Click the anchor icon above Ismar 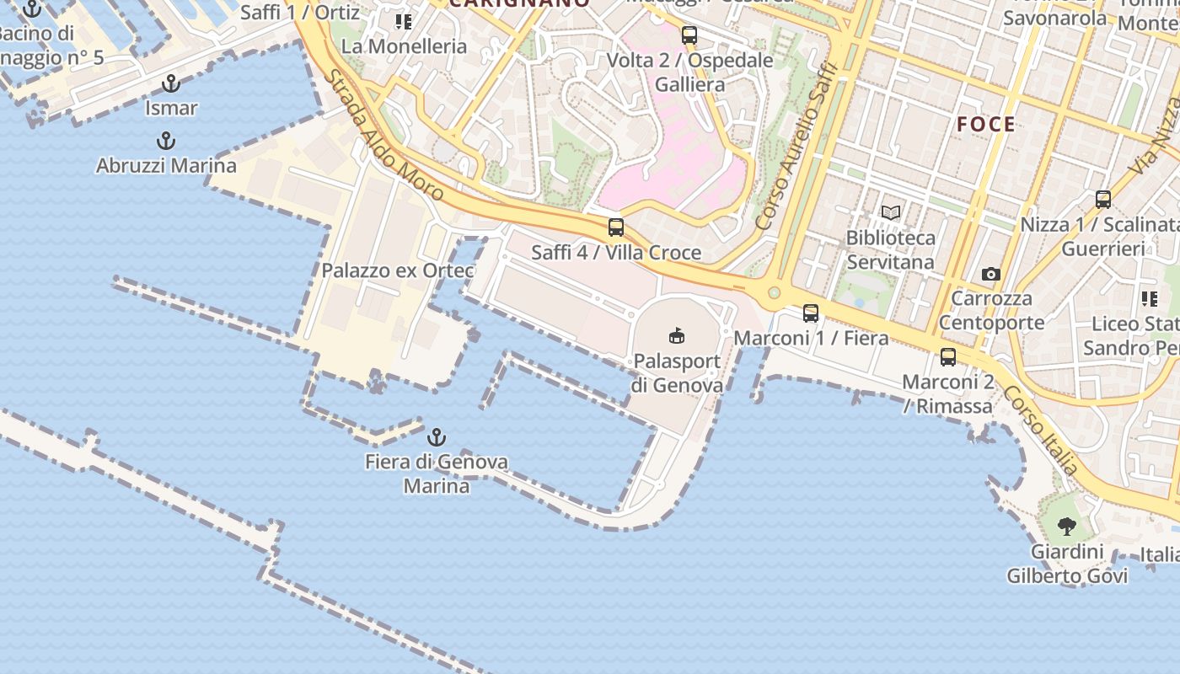[x=171, y=83]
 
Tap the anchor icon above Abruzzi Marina [x=166, y=141]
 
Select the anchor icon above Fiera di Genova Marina [x=436, y=437]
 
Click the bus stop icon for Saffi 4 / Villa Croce [x=616, y=227]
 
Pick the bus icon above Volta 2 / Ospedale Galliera [x=689, y=35]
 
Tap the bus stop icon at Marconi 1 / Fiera [x=811, y=313]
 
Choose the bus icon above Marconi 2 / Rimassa [x=948, y=357]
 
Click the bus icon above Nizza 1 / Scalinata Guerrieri [x=1103, y=200]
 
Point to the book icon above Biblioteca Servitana [x=891, y=213]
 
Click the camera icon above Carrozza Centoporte [x=991, y=274]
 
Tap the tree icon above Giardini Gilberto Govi [x=1067, y=527]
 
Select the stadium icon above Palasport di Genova [x=677, y=336]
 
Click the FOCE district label [x=986, y=125]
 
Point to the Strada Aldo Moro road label [x=384, y=135]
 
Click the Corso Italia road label [x=1042, y=431]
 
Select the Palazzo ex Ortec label [x=397, y=270]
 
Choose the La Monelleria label [x=404, y=46]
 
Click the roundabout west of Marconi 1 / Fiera [x=773, y=292]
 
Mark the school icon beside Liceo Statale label [x=1150, y=299]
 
